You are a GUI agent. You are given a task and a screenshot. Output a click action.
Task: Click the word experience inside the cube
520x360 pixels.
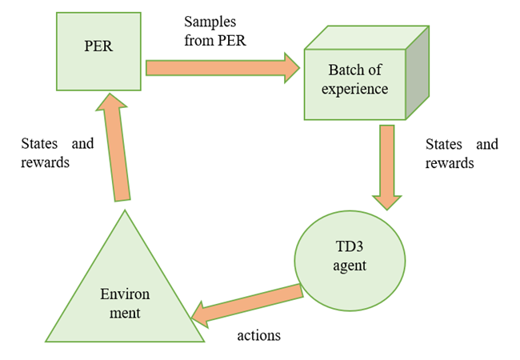tap(354, 90)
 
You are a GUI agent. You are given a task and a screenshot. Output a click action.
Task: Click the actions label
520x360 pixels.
tap(258, 335)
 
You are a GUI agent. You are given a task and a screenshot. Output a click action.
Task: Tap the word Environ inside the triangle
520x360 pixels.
tap(124, 295)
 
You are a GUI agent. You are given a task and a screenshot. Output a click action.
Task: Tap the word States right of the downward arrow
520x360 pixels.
tap(444, 145)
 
